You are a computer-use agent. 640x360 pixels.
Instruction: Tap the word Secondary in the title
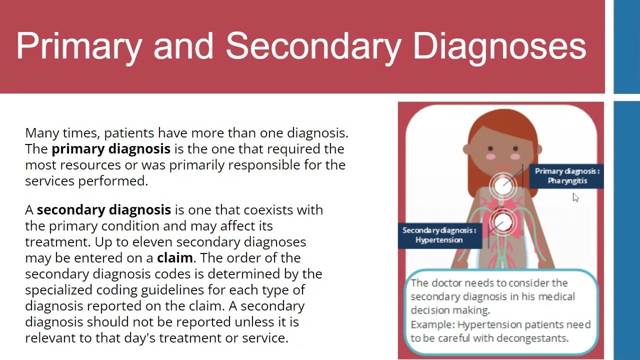tap(313, 46)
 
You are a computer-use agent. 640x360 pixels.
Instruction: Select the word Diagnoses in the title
tap(499, 46)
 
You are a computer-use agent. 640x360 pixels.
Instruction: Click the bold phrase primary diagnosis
tap(111, 149)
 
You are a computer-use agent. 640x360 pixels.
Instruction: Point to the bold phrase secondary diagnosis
tap(104, 210)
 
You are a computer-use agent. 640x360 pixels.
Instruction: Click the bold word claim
tap(175, 258)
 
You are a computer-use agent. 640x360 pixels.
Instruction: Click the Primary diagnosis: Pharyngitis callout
tap(566, 176)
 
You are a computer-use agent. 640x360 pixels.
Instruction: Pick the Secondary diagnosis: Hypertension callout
tap(439, 235)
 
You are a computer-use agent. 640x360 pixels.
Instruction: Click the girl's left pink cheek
tap(491, 156)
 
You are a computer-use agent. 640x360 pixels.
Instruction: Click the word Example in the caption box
tap(432, 325)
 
